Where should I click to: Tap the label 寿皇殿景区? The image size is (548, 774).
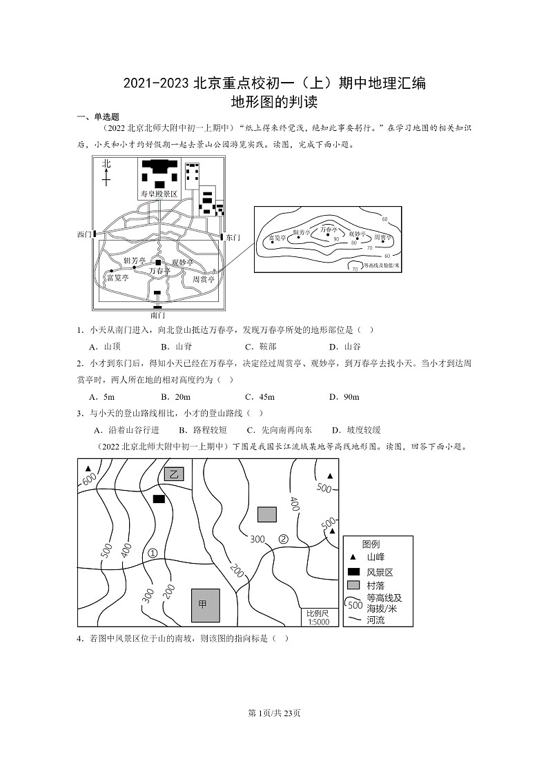[x=159, y=194]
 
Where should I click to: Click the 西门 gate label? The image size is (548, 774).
[x=84, y=235]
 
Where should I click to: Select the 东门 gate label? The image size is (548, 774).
[x=233, y=237]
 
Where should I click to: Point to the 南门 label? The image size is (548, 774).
[x=157, y=314]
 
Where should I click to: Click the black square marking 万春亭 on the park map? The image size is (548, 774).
[x=158, y=263]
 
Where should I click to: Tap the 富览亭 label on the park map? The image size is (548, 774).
[x=117, y=278]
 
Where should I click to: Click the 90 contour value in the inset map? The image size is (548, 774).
[x=336, y=239]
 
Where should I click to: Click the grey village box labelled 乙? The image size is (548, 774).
[x=174, y=473]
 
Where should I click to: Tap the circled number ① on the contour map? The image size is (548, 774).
[x=153, y=553]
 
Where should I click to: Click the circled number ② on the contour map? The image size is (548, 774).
[x=283, y=539]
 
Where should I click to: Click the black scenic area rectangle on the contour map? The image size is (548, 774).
[x=159, y=498]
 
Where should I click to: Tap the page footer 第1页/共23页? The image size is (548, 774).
[x=274, y=713]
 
